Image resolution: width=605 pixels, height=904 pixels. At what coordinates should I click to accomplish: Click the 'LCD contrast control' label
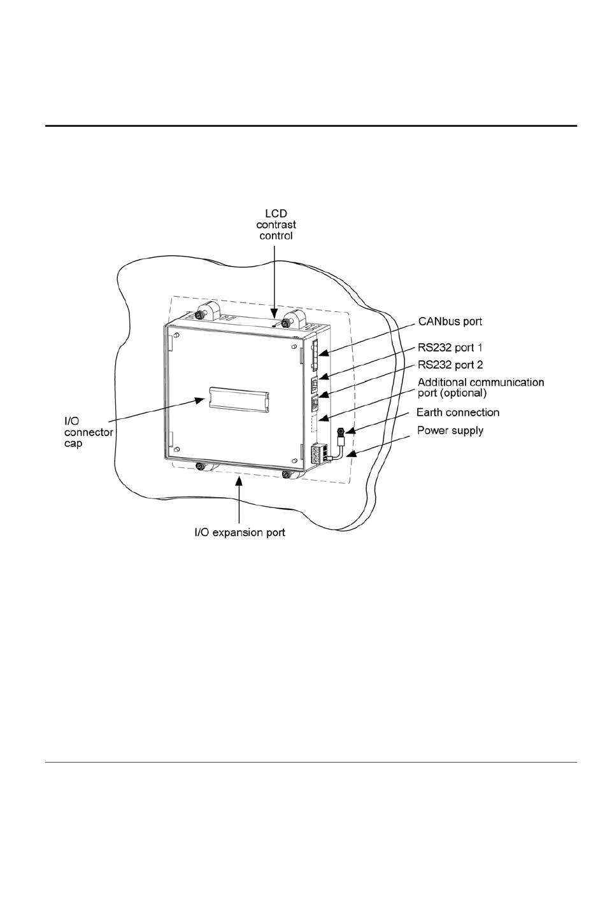click(276, 223)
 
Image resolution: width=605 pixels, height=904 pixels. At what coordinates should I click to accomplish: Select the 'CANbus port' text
click(450, 322)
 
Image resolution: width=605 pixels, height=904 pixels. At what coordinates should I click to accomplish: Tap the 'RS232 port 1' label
click(450, 349)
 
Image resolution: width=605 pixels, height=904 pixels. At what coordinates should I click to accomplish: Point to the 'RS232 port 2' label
click(450, 365)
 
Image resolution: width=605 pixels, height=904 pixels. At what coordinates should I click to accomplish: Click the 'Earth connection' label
click(458, 413)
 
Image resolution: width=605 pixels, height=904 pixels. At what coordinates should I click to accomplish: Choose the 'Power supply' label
click(450, 431)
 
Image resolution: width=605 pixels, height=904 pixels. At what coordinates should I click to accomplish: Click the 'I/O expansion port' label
click(239, 532)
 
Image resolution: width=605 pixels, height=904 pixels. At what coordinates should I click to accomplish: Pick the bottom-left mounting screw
click(200, 467)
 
